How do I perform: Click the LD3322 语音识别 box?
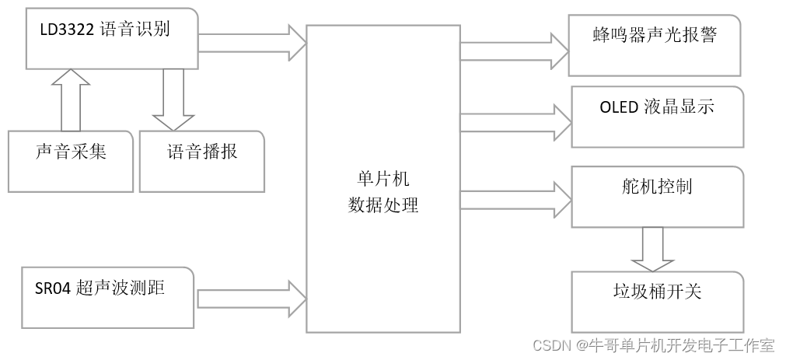coord(112,39)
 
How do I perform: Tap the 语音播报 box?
coord(202,161)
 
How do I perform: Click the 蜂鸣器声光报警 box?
coord(655,45)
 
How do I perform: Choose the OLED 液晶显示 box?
coord(657,117)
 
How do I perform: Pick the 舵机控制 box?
coord(658,196)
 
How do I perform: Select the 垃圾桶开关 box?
coord(658,300)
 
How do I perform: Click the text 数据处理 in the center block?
coord(383,206)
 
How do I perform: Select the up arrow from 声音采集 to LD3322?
coord(71,99)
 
